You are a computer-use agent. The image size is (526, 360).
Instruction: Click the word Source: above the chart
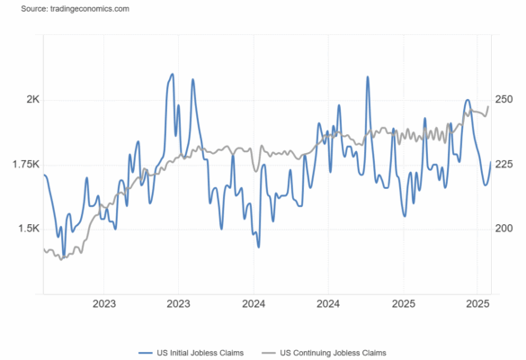(34, 9)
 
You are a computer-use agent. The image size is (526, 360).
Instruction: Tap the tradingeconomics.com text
(90, 9)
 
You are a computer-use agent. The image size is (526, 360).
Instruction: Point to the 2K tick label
(33, 99)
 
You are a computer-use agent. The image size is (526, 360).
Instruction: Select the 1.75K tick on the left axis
(26, 164)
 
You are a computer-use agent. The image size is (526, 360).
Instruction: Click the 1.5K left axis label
(29, 229)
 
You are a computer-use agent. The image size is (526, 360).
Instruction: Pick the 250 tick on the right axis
(504, 99)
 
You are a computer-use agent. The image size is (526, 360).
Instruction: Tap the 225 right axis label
(504, 164)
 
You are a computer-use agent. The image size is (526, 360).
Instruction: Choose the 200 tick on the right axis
(504, 229)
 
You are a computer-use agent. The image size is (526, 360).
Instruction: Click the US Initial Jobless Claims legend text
(201, 353)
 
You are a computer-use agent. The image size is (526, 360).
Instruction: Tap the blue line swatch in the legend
(146, 353)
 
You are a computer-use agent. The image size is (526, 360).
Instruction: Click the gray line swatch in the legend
(269, 353)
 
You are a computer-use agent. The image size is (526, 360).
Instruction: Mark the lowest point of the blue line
(64, 256)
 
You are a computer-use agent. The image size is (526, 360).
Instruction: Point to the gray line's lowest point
(61, 259)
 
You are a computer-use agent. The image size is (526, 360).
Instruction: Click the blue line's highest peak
(173, 74)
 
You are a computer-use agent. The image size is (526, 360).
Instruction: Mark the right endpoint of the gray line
(488, 106)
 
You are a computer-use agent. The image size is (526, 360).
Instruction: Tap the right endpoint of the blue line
(491, 162)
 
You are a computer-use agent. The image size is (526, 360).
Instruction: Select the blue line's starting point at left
(44, 175)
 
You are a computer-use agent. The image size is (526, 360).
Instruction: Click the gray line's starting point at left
(44, 248)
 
